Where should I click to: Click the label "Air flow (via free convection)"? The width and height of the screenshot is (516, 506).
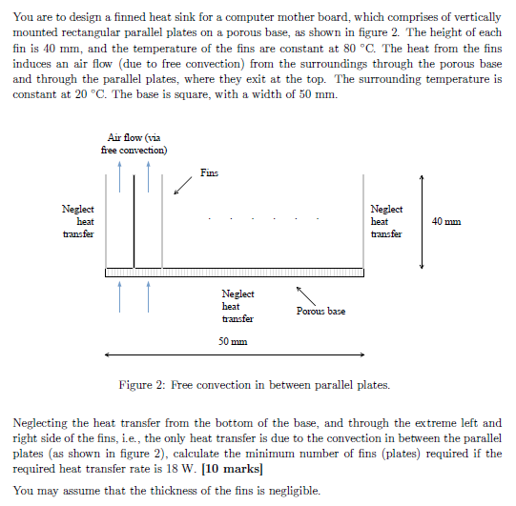134,144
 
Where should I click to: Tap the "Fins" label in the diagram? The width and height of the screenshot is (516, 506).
210,172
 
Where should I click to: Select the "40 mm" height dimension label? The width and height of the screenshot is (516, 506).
445,221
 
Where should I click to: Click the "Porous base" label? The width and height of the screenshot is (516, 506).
321,312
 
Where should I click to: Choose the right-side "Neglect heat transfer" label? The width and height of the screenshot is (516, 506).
386,221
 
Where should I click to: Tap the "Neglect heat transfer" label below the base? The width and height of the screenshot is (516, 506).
237,307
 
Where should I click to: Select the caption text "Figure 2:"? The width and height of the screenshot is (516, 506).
144,385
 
